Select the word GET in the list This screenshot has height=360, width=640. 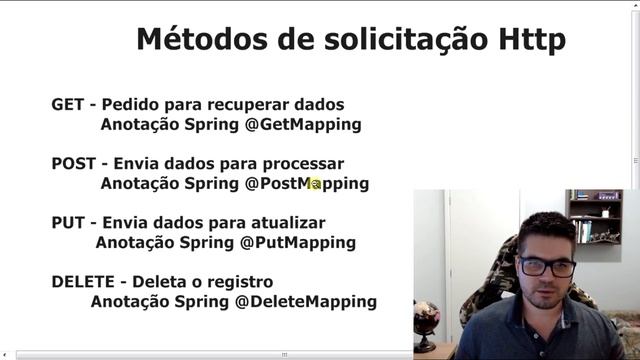point(68,105)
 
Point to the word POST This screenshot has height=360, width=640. point(74,163)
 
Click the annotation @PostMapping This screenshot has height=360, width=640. point(307,184)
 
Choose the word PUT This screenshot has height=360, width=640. point(68,222)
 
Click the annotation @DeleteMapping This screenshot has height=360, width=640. point(306,301)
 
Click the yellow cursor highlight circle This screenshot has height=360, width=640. point(315,184)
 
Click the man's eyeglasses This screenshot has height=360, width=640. point(546,266)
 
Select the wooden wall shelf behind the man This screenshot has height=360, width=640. point(593,216)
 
